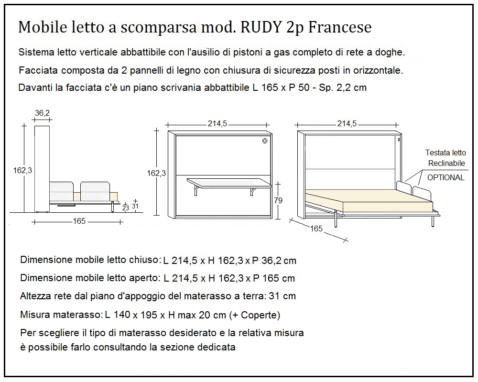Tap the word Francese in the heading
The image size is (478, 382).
click(340, 27)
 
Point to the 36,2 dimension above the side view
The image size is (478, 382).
click(43, 113)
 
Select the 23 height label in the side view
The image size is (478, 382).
click(125, 208)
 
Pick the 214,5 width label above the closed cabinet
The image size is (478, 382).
click(217, 123)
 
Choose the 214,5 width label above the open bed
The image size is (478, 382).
click(347, 123)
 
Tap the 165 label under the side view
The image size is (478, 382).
click(79, 221)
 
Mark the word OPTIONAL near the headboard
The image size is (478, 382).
click(445, 177)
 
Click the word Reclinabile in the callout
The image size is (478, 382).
click(446, 163)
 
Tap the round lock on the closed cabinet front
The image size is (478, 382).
click(264, 141)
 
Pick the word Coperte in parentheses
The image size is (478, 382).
click(261, 315)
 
